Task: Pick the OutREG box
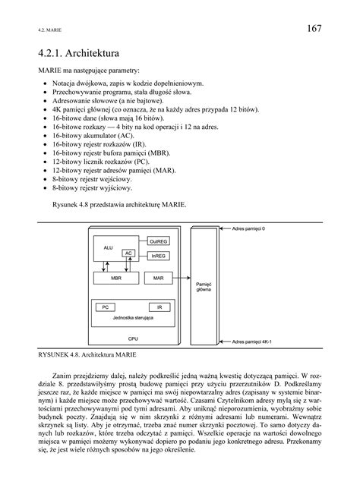point(158,243)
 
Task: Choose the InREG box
point(158,256)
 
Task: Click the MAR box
point(158,278)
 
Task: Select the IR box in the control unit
point(158,307)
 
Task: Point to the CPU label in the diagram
point(134,338)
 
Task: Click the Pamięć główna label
point(204,285)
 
